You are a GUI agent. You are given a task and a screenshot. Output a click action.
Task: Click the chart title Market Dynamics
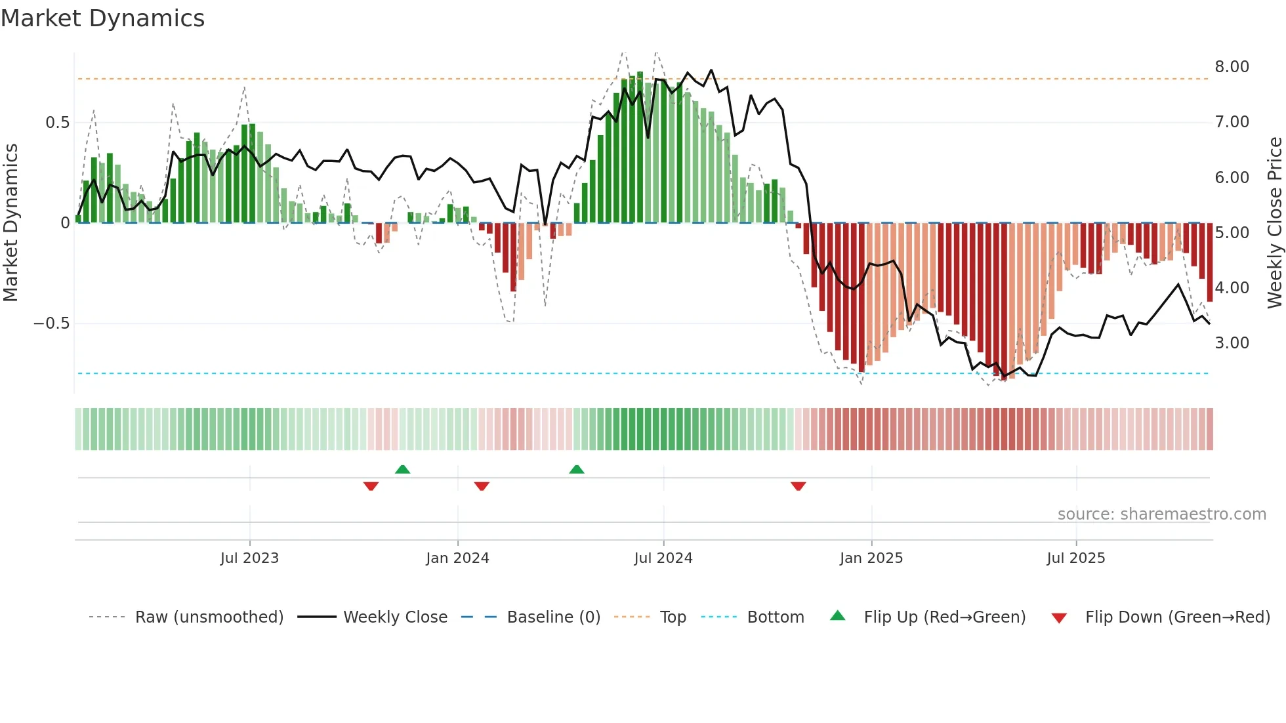tap(103, 18)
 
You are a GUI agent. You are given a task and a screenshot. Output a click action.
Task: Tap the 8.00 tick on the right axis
tap(1232, 67)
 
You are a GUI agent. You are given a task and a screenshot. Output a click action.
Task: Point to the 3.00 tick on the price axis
tap(1232, 343)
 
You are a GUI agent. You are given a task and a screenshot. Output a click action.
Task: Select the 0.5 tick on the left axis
tap(57, 123)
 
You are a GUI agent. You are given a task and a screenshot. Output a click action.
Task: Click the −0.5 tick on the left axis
tap(51, 323)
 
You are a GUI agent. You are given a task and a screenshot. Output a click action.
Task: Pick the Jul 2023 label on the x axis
tap(249, 558)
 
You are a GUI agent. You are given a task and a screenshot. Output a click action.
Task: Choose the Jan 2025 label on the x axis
tap(871, 558)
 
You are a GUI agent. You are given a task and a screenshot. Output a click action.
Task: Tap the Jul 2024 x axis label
tap(663, 558)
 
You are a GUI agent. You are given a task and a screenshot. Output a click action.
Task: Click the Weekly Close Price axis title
tap(1274, 223)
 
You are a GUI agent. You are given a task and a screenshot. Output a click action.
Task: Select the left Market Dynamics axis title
tap(10, 223)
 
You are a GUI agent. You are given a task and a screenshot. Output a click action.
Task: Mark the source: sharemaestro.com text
tap(1161, 514)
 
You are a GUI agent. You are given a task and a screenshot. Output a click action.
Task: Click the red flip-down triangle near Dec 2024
tap(798, 486)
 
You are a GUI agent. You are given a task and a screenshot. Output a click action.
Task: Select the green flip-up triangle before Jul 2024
tap(576, 470)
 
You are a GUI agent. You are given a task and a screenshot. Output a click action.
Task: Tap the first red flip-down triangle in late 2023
tap(371, 486)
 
